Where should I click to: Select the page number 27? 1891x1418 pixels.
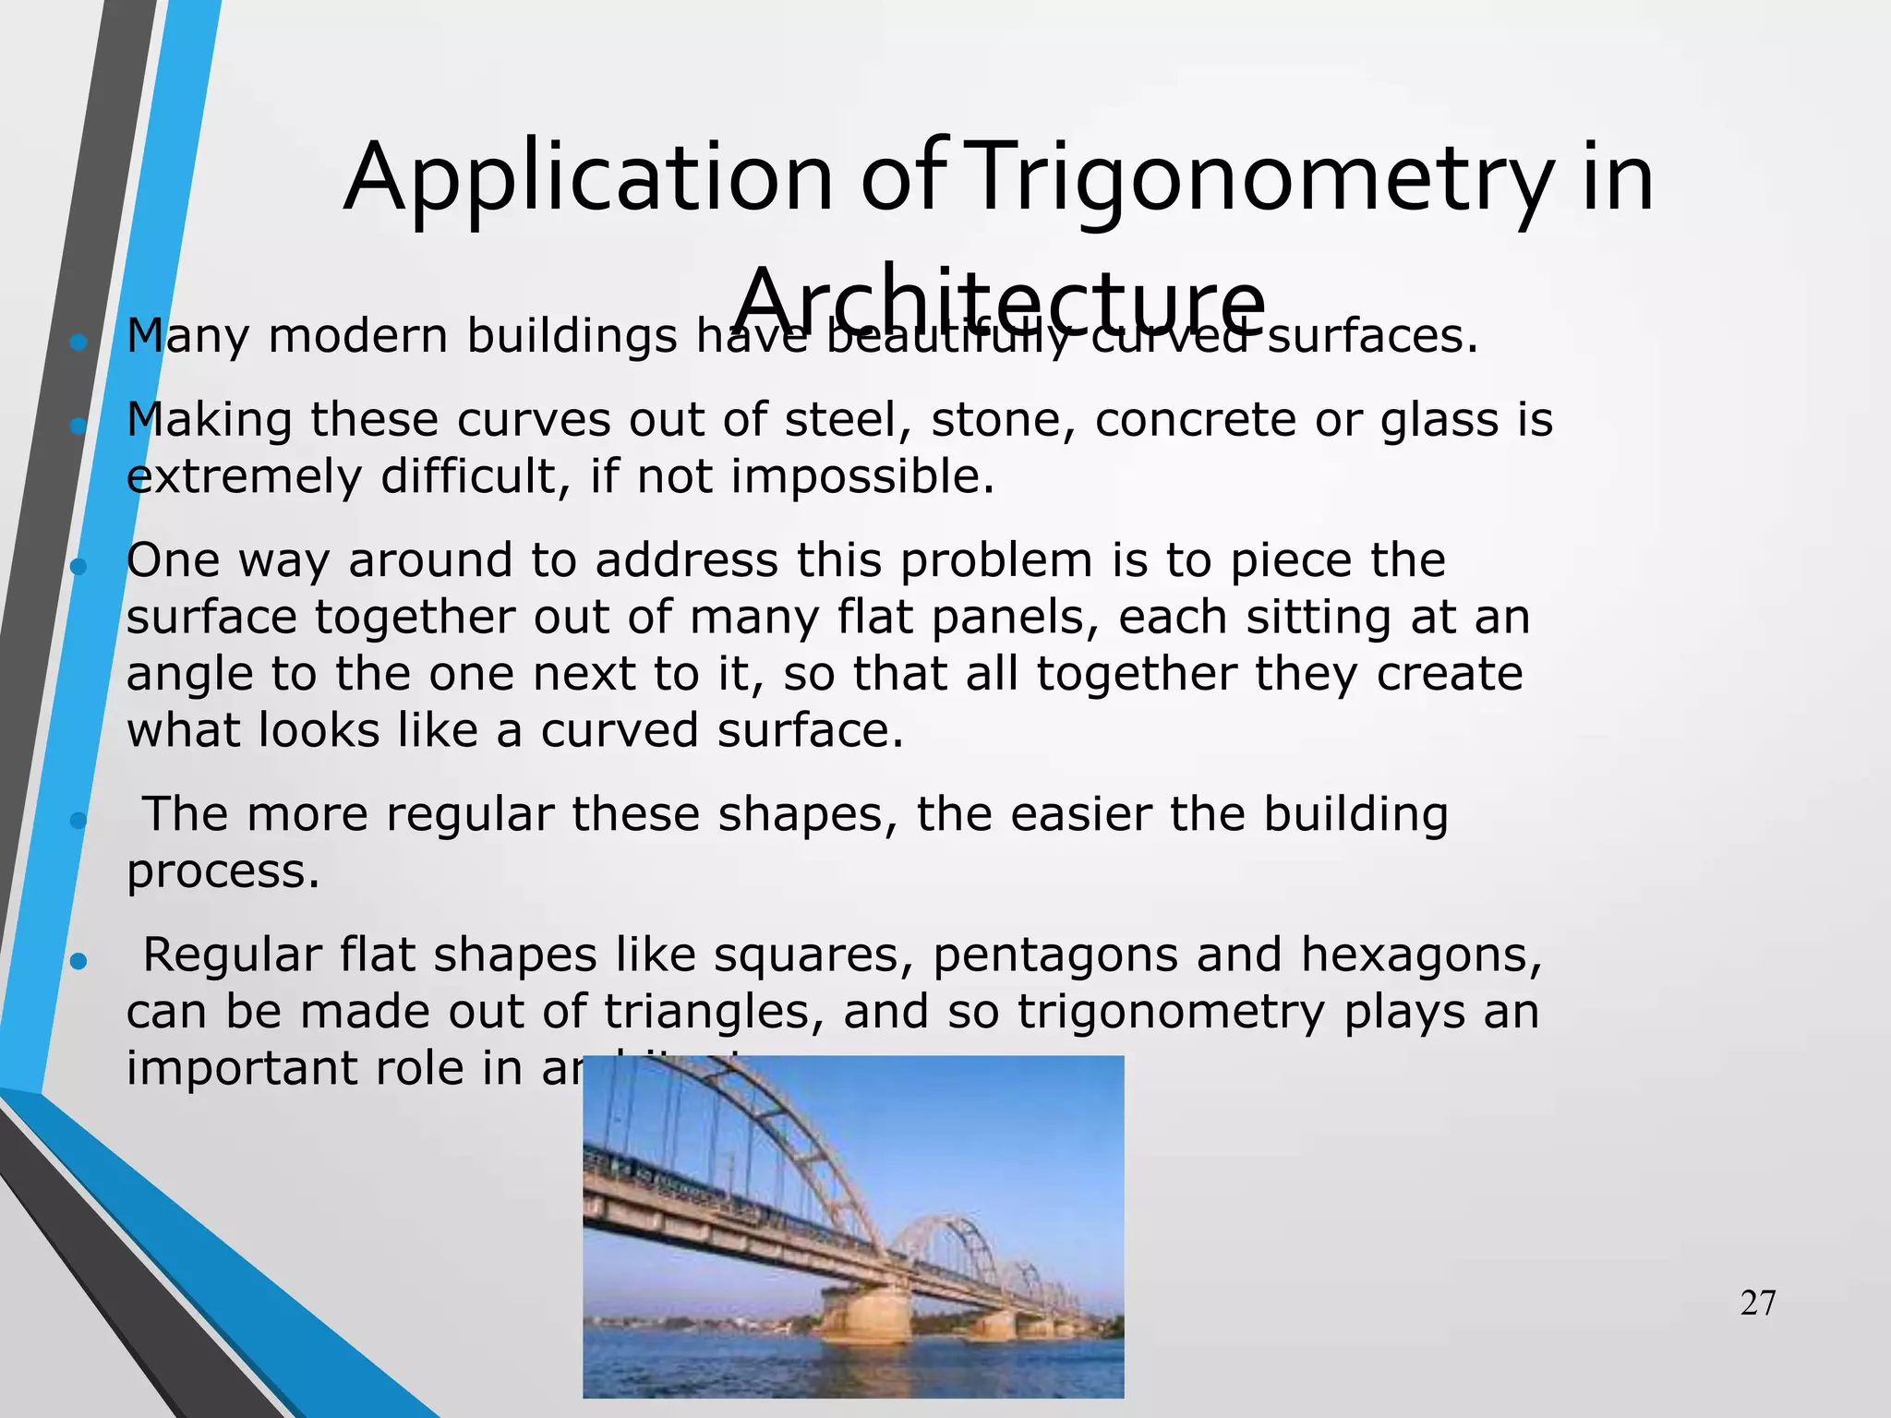click(x=1757, y=1304)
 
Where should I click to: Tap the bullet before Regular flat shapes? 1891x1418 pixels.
click(x=78, y=962)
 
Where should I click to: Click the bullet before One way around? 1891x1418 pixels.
click(x=78, y=567)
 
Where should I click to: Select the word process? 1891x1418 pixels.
click(x=223, y=872)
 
